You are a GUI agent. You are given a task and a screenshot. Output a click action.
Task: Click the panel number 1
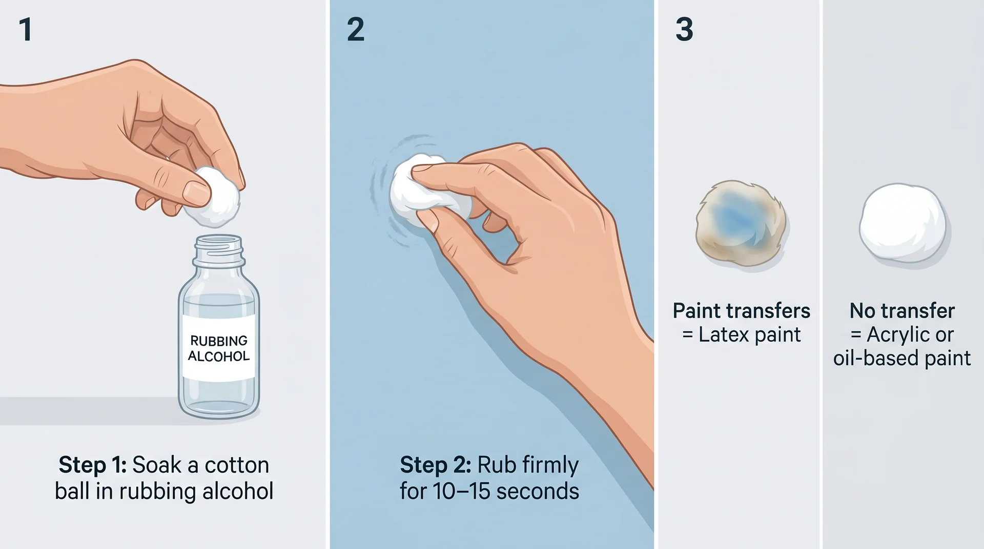click(26, 29)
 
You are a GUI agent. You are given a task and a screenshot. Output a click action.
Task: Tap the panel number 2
click(356, 29)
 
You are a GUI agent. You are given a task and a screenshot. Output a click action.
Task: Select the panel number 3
click(684, 29)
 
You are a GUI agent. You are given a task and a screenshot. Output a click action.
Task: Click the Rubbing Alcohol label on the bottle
click(219, 348)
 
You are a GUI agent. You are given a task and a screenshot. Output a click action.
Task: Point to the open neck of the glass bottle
click(218, 241)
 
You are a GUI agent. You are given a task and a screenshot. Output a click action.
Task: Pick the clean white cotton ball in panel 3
click(903, 223)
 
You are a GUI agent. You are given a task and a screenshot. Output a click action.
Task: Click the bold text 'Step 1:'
click(92, 465)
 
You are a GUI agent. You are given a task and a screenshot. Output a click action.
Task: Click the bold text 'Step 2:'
click(435, 465)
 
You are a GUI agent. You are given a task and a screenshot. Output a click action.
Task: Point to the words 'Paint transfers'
click(741, 311)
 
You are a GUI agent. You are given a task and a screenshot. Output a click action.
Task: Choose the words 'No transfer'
click(902, 311)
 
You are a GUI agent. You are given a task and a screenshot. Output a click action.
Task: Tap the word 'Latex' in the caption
click(721, 335)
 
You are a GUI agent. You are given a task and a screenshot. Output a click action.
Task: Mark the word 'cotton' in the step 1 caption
click(237, 465)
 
